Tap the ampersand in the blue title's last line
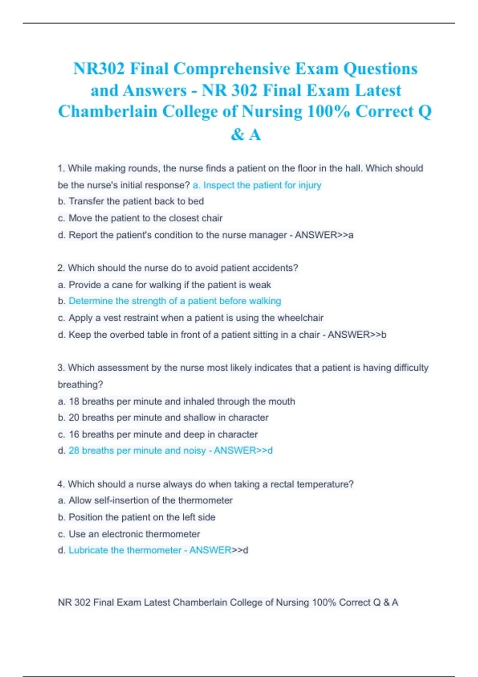237,135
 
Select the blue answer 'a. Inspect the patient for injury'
257,185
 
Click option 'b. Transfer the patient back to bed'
131,202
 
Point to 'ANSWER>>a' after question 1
324,235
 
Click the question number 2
61,268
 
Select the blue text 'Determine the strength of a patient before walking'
175,301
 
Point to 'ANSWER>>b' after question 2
357,335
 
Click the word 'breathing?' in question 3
80,385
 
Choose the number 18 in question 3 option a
74,401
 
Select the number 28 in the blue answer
74,450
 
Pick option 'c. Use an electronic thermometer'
129,534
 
